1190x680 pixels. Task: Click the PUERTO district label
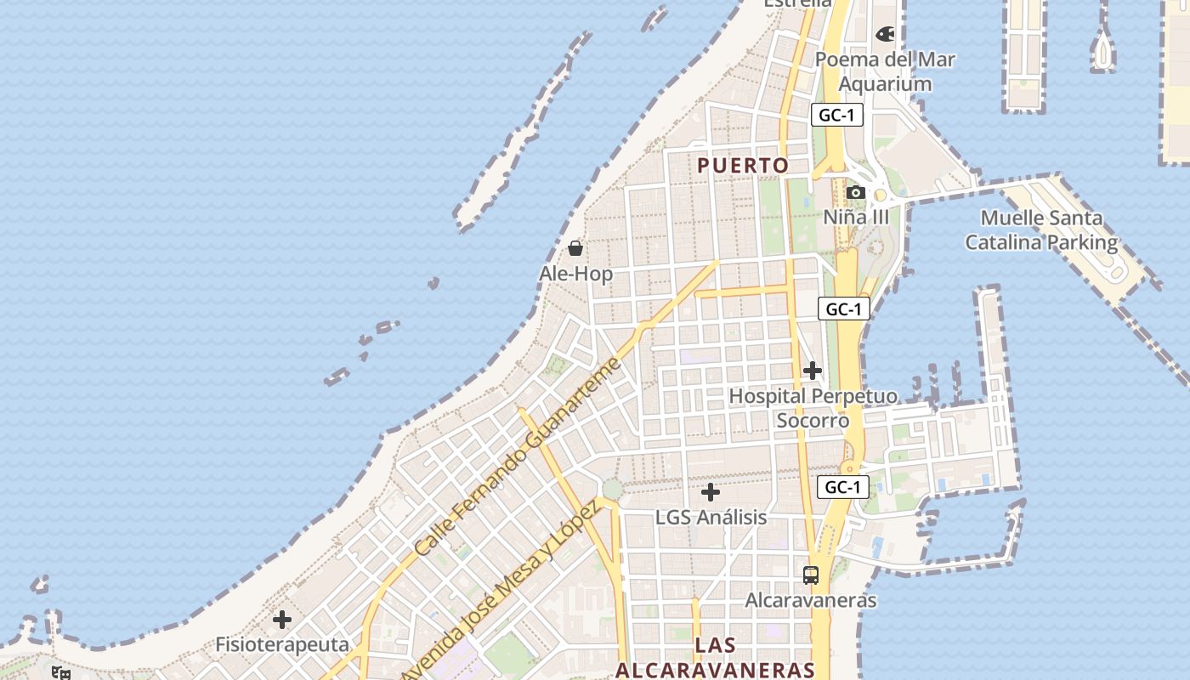tap(743, 166)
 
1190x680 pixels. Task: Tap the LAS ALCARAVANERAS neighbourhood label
tap(715, 657)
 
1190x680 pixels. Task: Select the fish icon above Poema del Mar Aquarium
tap(885, 35)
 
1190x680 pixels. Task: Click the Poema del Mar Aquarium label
tap(885, 72)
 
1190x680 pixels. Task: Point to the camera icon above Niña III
tap(856, 193)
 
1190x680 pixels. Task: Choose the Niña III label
tap(856, 217)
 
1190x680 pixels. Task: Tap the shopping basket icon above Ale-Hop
tap(575, 248)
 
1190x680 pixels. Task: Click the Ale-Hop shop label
tap(575, 274)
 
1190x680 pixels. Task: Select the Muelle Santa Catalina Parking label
tap(1041, 230)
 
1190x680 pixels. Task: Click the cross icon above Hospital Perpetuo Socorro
tap(813, 371)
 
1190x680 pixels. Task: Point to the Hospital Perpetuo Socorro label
tap(813, 408)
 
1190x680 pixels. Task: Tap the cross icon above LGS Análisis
tap(711, 492)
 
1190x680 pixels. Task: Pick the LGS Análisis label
tap(711, 517)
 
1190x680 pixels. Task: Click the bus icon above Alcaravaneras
tap(811, 575)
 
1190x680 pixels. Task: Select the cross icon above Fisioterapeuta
tap(282, 620)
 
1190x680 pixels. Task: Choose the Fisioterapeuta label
tap(282, 644)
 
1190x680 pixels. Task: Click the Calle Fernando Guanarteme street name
tap(517, 458)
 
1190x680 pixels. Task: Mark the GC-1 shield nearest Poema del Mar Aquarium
tap(836, 116)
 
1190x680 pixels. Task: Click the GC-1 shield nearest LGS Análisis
tap(843, 487)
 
